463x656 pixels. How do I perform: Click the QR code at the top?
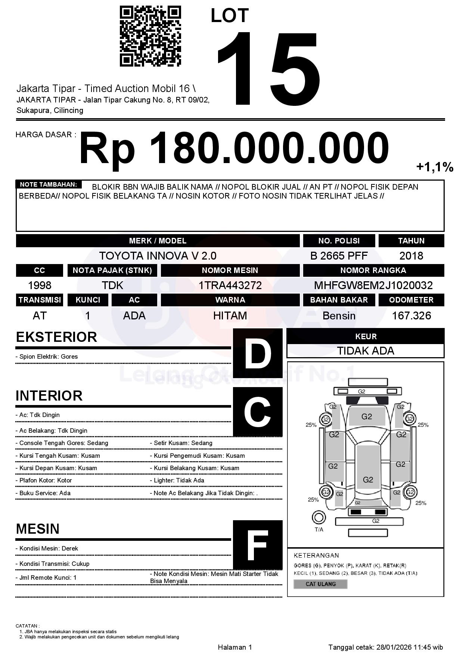pyautogui.click(x=150, y=36)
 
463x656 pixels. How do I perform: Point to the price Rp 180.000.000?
pyautogui.click(x=234, y=148)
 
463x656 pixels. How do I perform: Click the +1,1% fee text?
pyautogui.click(x=435, y=167)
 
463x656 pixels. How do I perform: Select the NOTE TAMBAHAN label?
pyautogui.click(x=49, y=184)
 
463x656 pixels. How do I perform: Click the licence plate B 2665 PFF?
pyautogui.click(x=339, y=256)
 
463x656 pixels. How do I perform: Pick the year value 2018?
pyautogui.click(x=411, y=256)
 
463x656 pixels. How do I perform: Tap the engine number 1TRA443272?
pyautogui.click(x=230, y=285)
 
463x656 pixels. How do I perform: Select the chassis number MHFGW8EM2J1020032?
pyautogui.click(x=373, y=285)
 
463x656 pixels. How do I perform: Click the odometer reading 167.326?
pyautogui.click(x=411, y=316)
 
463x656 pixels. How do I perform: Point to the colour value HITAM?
pyautogui.click(x=230, y=316)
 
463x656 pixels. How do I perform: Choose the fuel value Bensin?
pyautogui.click(x=339, y=316)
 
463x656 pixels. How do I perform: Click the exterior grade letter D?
pyautogui.click(x=258, y=353)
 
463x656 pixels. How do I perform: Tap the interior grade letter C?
pyautogui.click(x=258, y=411)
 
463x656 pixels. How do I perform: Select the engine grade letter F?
pyautogui.click(x=258, y=545)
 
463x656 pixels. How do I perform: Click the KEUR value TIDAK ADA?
pyautogui.click(x=366, y=351)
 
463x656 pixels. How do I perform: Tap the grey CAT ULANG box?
pyautogui.click(x=320, y=584)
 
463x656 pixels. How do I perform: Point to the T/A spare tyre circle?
pyautogui.click(x=318, y=518)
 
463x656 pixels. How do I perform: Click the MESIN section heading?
pyautogui.click(x=38, y=529)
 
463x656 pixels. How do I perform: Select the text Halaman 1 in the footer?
pyautogui.click(x=235, y=647)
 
